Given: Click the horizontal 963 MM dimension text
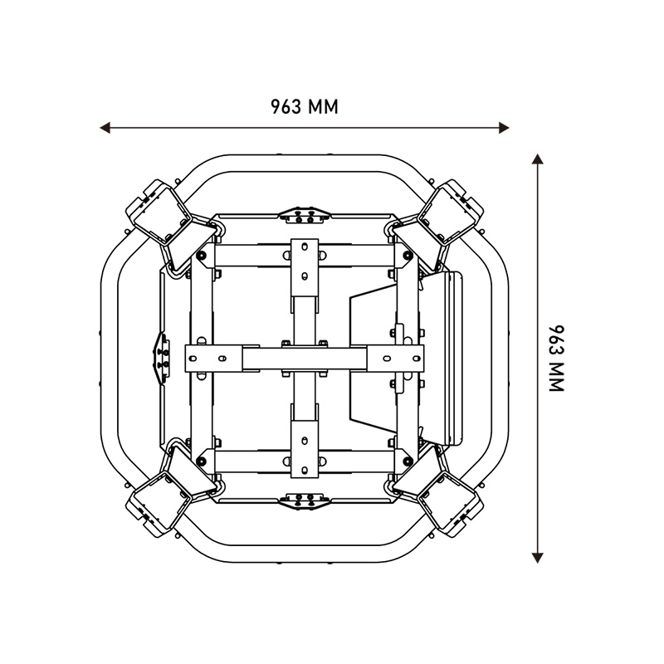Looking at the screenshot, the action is click(x=305, y=107).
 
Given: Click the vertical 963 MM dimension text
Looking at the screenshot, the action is click(x=557, y=359).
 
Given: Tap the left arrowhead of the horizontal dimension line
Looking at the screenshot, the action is click(x=105, y=128).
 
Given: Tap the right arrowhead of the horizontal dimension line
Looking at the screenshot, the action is click(x=504, y=128).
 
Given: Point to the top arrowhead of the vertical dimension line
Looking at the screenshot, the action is click(x=537, y=159).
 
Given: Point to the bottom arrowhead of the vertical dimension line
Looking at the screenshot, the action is click(x=537, y=558).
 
